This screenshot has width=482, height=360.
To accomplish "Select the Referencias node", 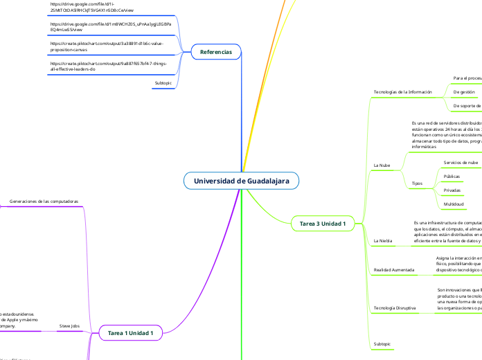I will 215,52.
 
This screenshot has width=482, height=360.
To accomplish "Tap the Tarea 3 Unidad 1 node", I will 322,224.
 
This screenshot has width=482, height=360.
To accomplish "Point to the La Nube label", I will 382,166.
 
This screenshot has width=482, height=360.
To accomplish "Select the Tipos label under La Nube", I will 417,183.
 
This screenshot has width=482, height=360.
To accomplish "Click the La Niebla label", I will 383,240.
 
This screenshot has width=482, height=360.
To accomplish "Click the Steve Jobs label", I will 70,325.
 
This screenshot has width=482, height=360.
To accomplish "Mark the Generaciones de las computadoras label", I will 44,201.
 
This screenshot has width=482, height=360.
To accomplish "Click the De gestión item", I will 463,91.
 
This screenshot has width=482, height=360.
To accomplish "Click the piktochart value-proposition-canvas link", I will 98,46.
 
